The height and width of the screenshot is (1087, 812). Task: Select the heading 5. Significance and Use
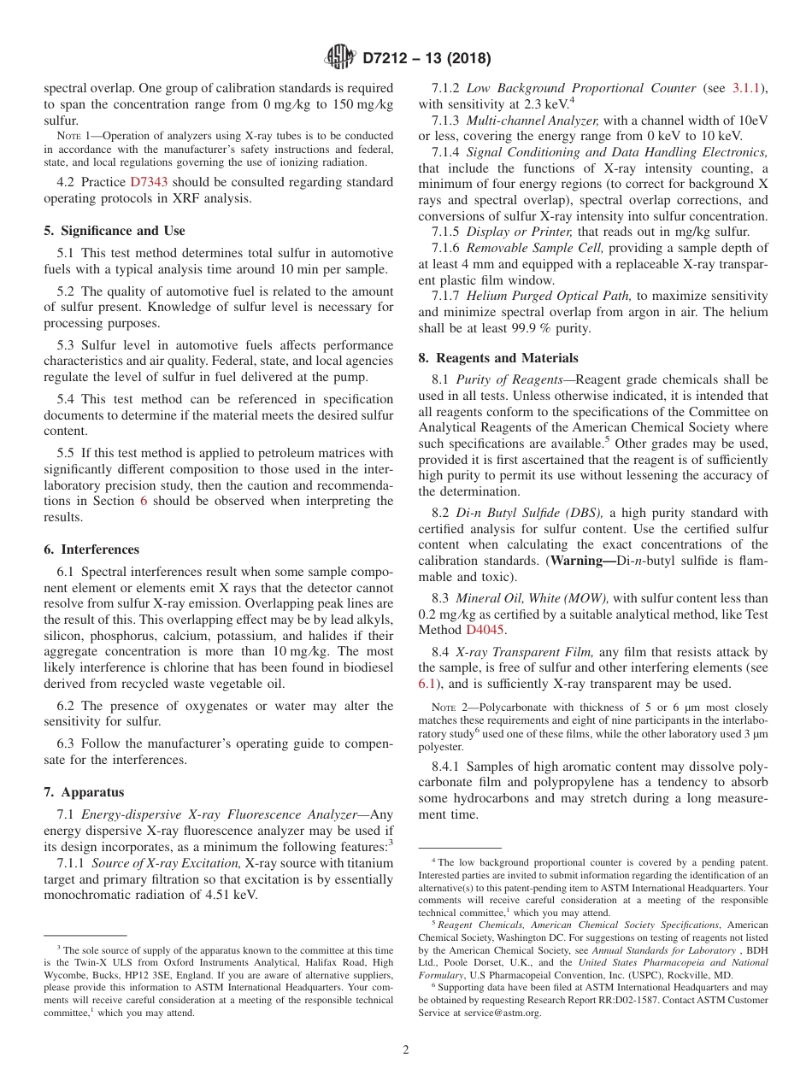tap(114, 231)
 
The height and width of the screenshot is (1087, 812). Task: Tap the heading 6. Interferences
tap(91, 549)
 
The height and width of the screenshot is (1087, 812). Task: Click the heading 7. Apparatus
tap(84, 792)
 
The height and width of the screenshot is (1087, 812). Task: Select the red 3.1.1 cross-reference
tap(749, 88)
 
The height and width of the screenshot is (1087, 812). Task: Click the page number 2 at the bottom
tap(406, 1050)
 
